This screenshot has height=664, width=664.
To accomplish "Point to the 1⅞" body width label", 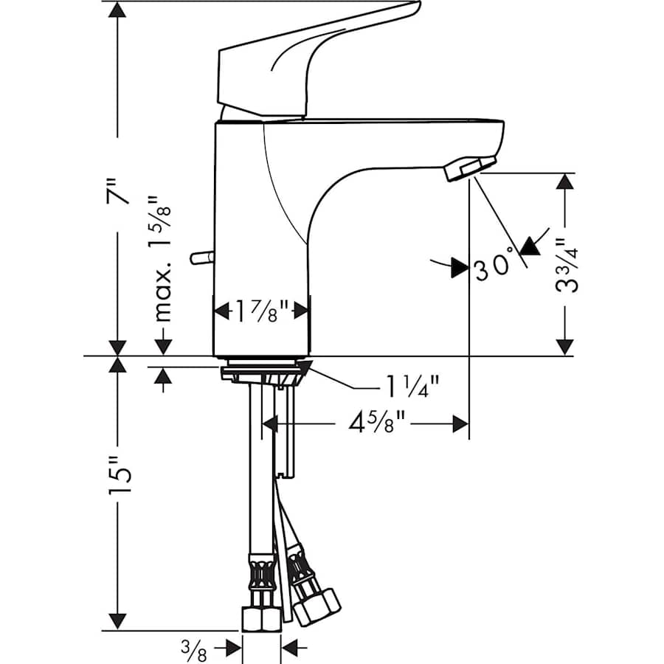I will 261,310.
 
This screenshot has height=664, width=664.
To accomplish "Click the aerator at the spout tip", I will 469,167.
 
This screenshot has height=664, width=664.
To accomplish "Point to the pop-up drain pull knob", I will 199,257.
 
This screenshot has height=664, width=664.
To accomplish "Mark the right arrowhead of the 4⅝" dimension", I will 461,423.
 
